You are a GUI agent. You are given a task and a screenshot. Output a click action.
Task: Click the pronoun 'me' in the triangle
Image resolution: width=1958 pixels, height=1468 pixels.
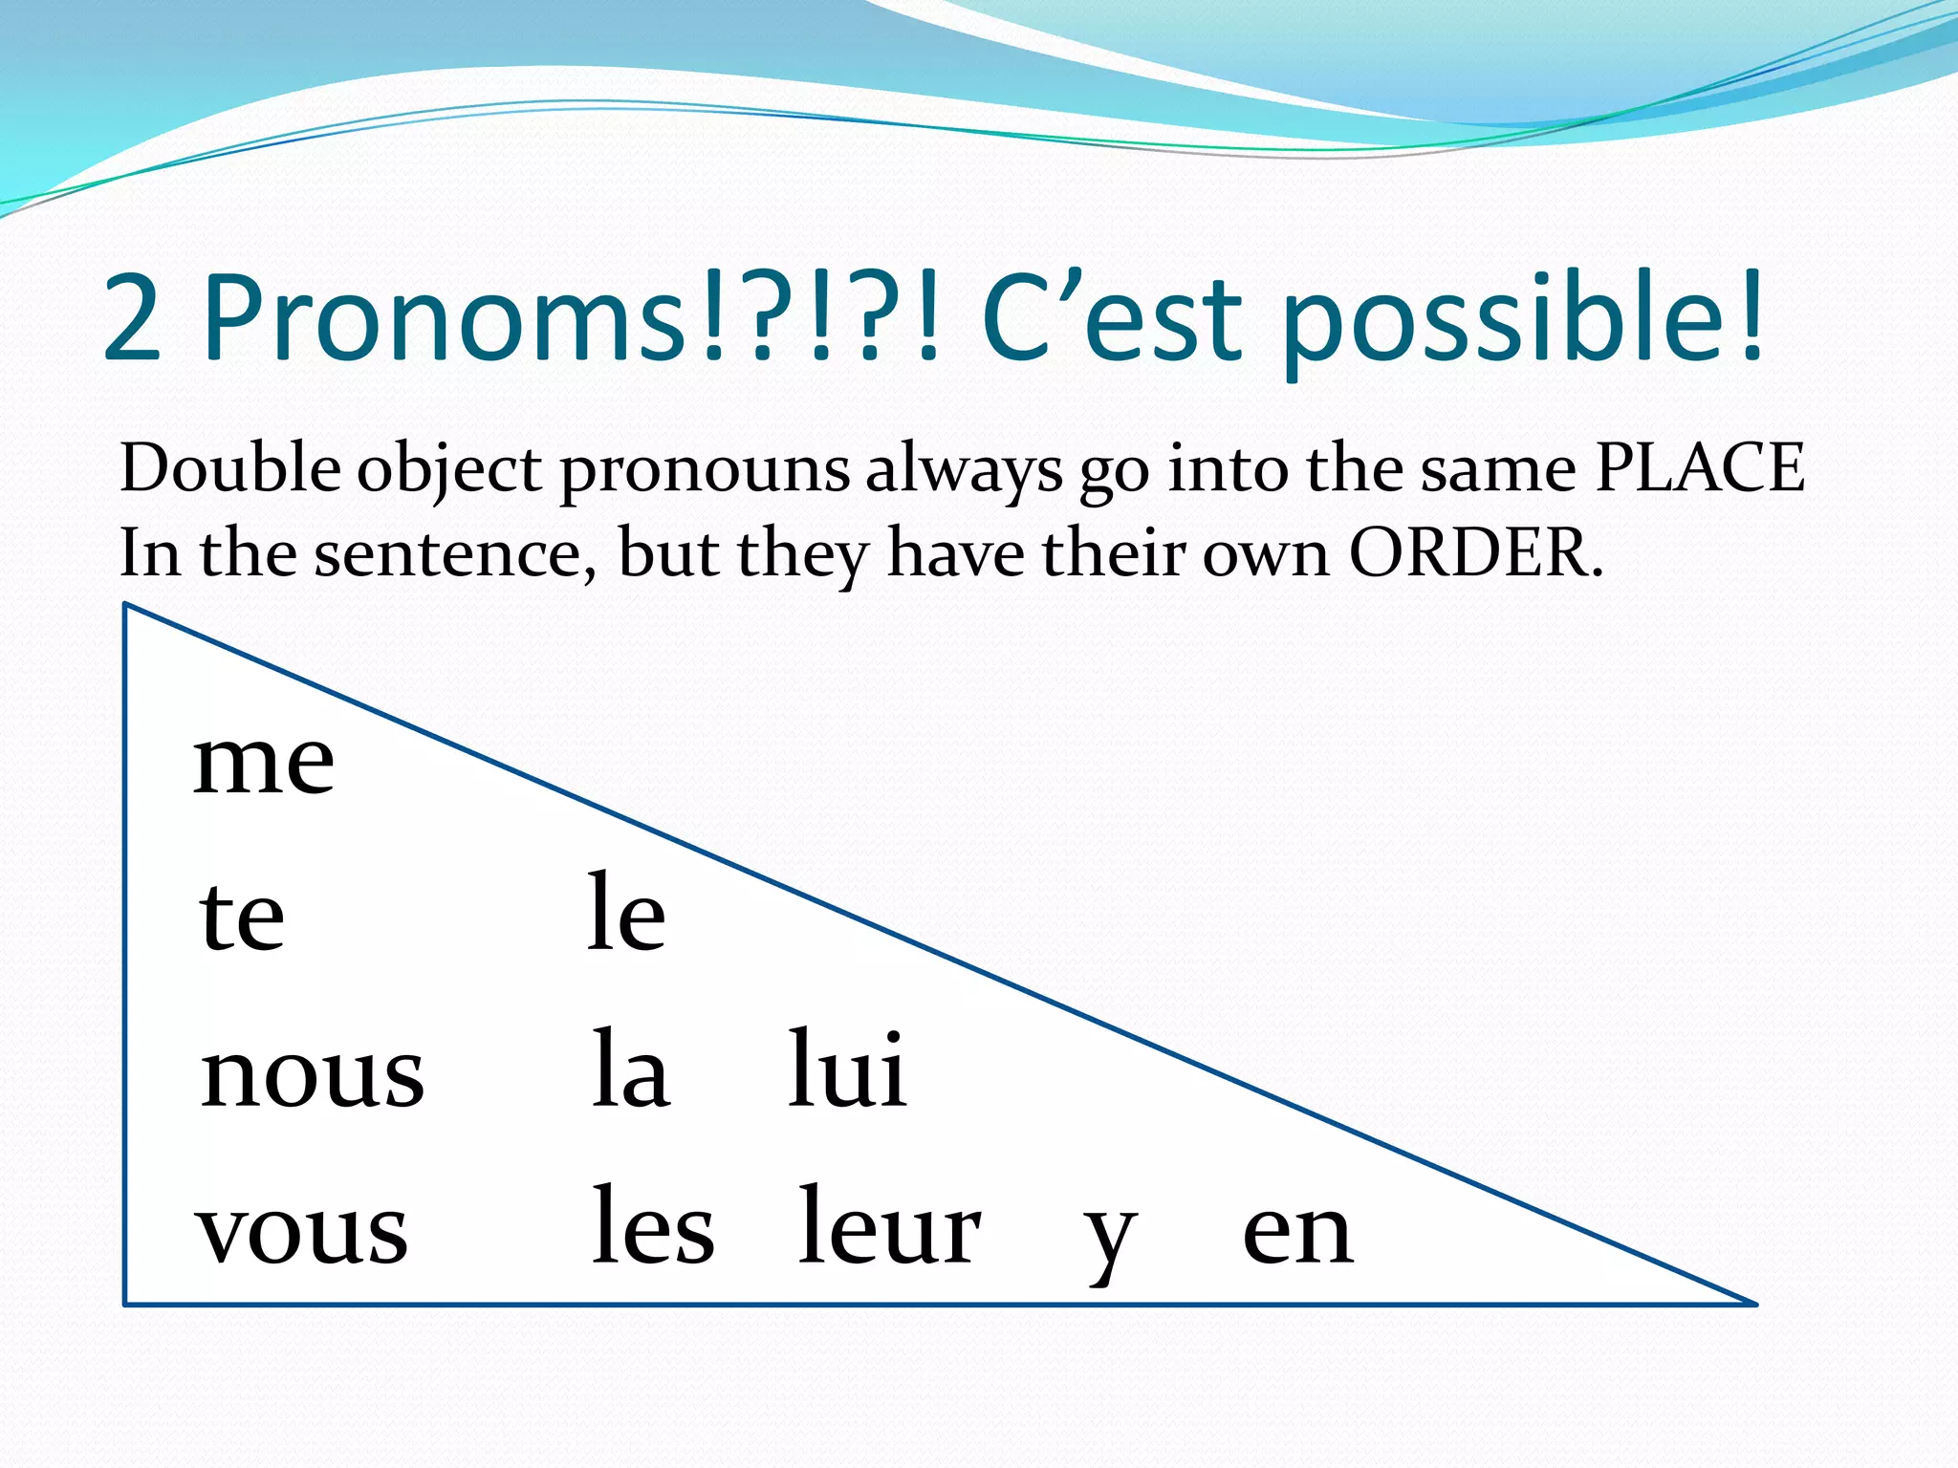(x=264, y=764)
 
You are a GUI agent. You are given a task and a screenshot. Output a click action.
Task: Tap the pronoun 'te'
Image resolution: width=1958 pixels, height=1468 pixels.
(x=242, y=917)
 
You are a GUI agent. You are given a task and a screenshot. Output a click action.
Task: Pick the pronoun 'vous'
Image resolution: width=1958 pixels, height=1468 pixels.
(x=302, y=1231)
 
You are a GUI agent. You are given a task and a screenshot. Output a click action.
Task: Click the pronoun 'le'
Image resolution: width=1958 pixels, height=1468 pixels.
(x=626, y=913)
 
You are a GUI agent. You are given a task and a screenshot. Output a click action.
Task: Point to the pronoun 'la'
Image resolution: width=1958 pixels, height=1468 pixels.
(x=630, y=1070)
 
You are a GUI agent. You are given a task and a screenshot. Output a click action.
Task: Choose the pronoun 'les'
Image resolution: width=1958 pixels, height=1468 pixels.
(x=653, y=1227)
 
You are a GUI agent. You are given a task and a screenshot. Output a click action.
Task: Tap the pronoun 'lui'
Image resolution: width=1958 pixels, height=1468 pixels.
(x=847, y=1070)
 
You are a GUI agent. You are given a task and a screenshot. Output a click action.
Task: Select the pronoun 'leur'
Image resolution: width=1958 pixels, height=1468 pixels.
(x=889, y=1227)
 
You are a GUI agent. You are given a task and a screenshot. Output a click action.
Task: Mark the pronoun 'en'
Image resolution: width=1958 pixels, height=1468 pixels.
(x=1297, y=1233)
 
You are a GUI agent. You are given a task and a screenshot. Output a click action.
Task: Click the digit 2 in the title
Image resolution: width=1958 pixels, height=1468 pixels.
(x=132, y=318)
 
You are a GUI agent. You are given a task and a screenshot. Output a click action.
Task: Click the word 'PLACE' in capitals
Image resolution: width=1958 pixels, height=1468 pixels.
(x=1700, y=468)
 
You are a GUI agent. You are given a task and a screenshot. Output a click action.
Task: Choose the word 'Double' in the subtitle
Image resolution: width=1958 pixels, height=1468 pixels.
(x=229, y=468)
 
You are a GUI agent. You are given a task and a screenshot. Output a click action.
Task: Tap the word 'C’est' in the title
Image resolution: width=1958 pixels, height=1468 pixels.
(x=1113, y=318)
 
